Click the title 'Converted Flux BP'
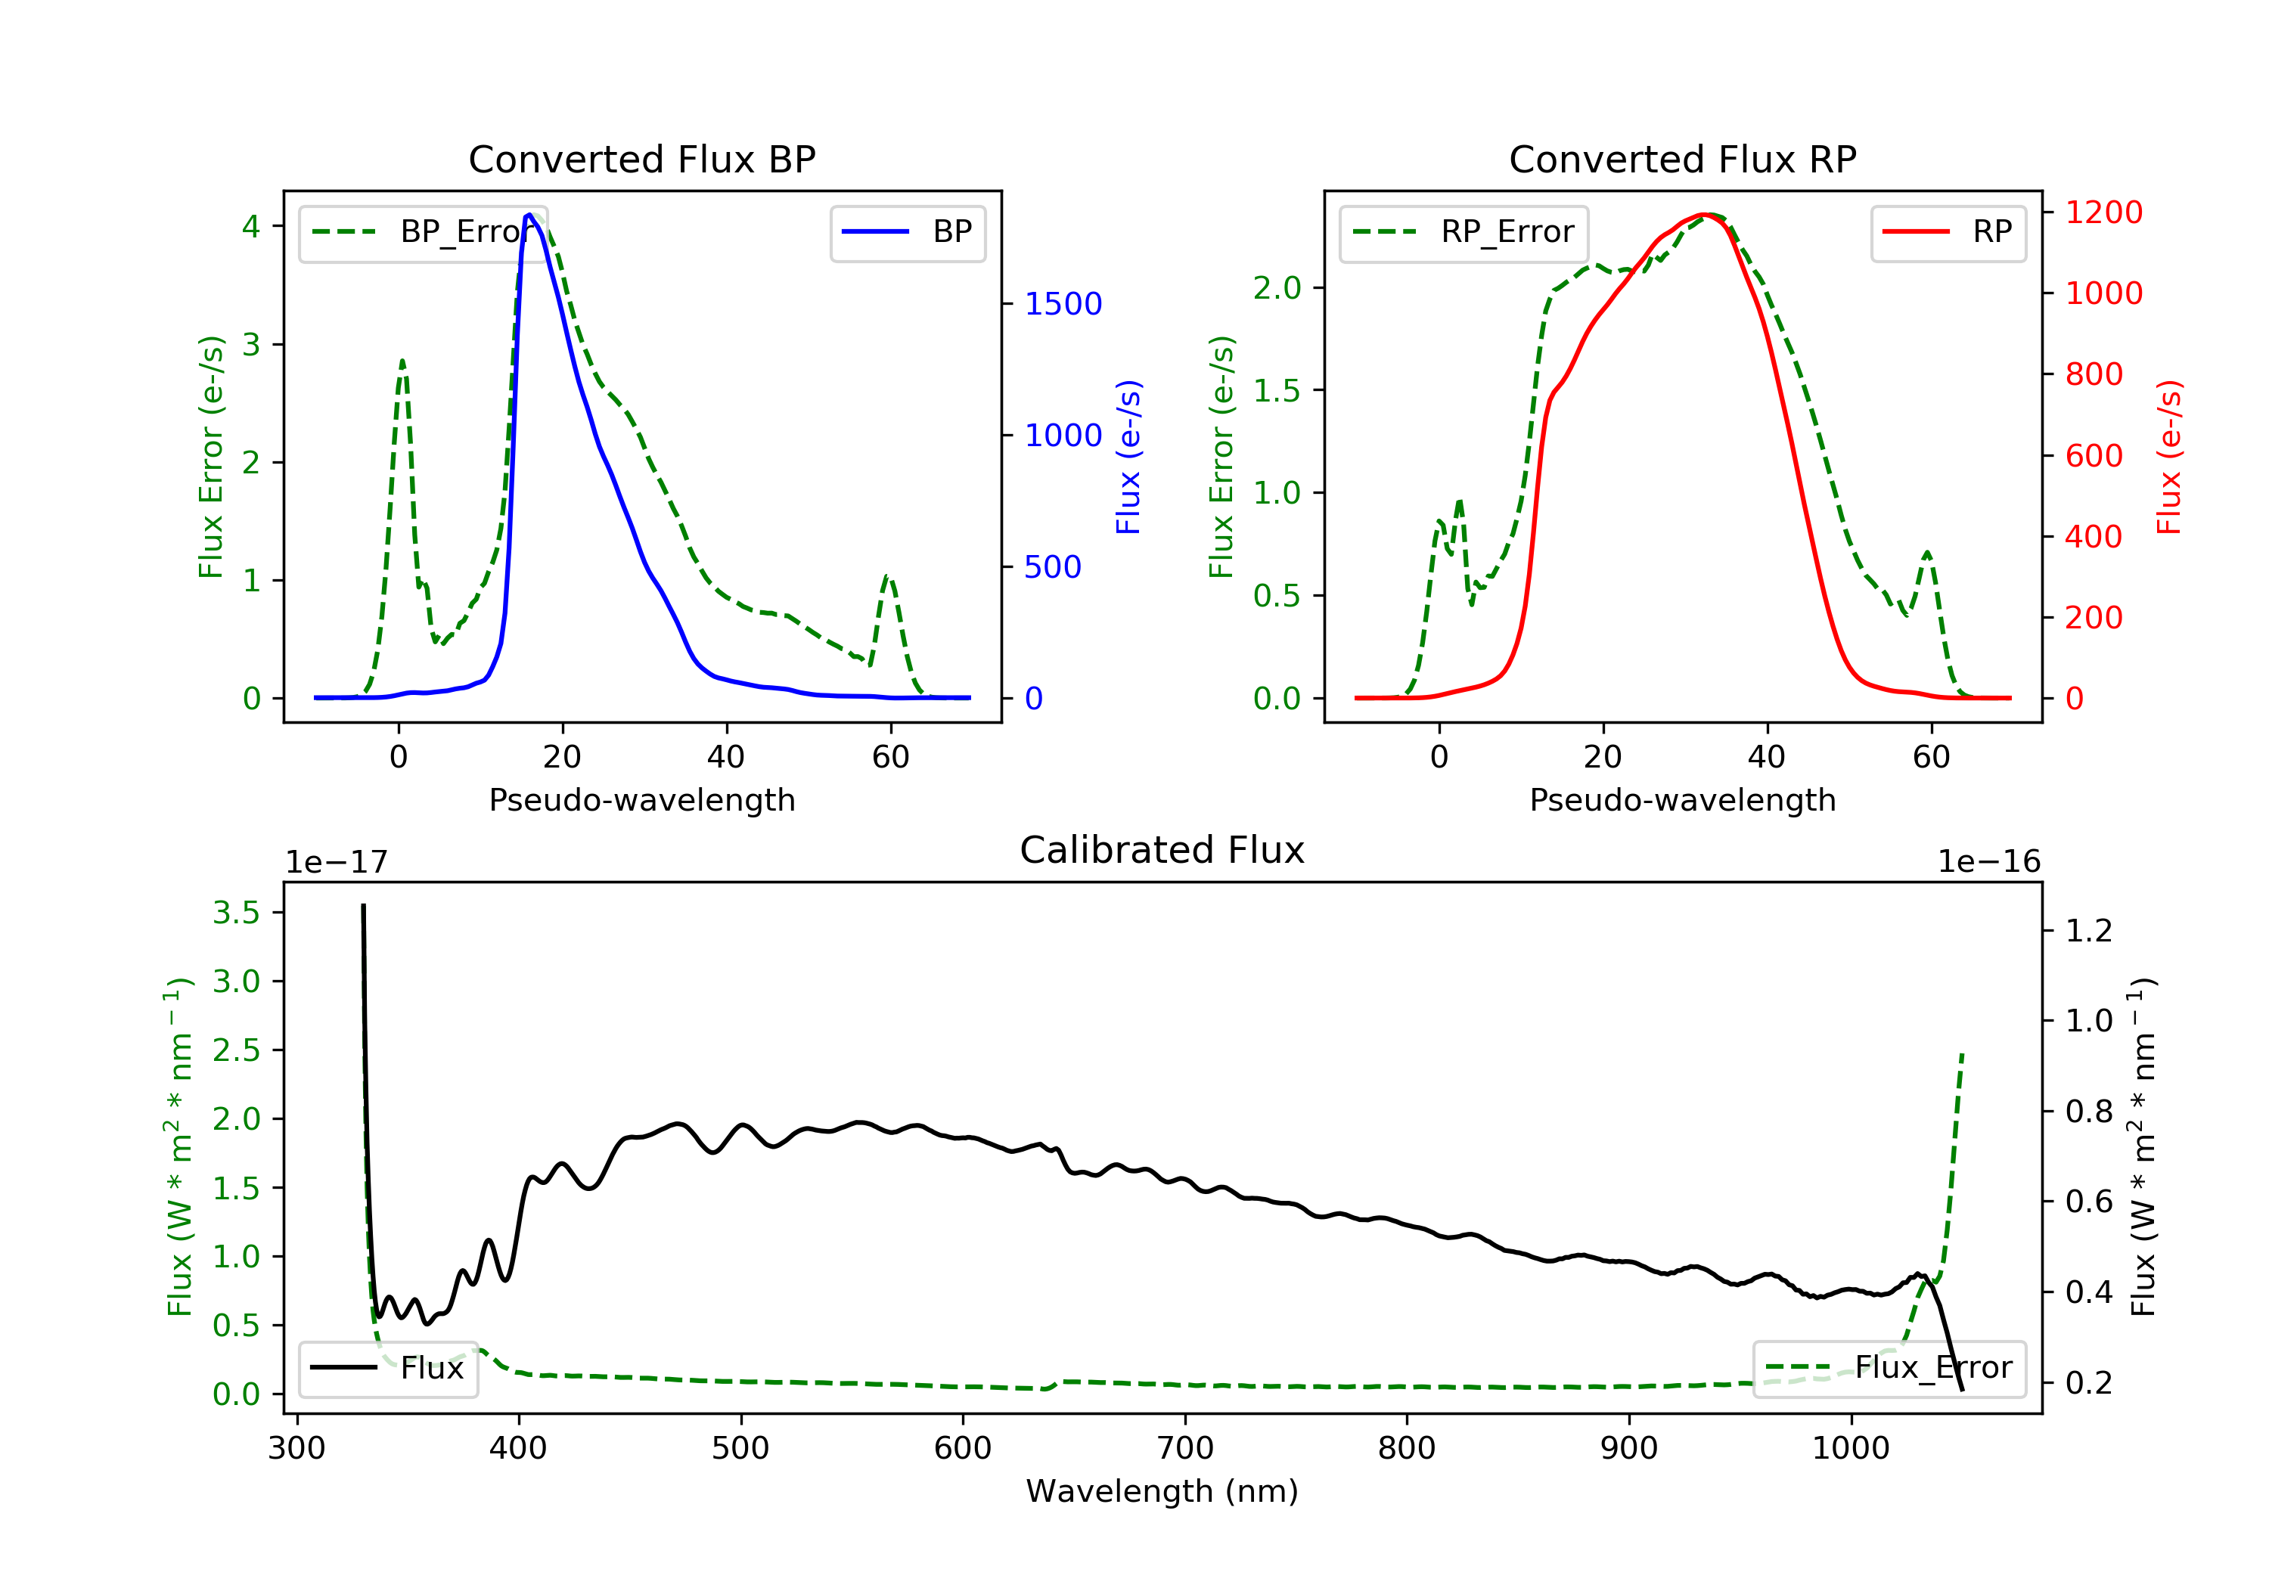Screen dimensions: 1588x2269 point(641,159)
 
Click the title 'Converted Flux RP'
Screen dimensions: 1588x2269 point(1682,159)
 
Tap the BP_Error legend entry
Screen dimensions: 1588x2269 point(423,232)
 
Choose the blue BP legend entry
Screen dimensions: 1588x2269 point(907,232)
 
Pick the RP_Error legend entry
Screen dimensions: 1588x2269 point(1463,232)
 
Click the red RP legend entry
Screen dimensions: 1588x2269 point(1947,232)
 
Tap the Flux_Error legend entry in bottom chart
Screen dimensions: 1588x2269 point(1889,1368)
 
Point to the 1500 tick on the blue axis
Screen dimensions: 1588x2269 point(1063,304)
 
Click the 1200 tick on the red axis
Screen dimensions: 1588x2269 point(2103,212)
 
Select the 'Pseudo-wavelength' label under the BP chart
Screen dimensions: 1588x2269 point(641,799)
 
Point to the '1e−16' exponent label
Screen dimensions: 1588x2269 point(1988,862)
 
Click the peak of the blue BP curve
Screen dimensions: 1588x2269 point(529,215)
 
